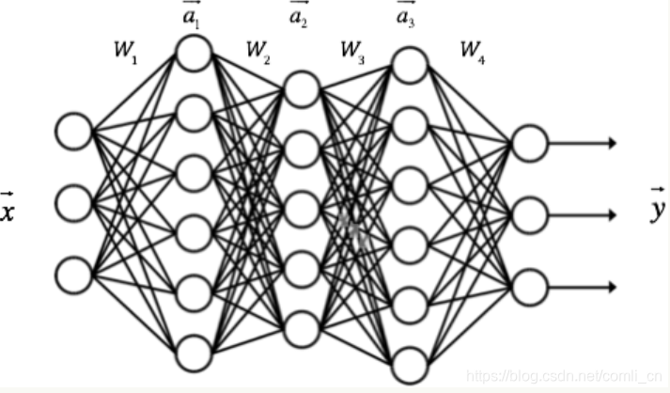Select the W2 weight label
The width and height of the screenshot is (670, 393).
click(x=257, y=52)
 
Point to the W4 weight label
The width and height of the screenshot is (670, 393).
click(x=473, y=52)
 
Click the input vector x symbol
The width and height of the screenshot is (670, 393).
click(x=8, y=209)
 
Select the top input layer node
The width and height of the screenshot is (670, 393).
click(x=73, y=131)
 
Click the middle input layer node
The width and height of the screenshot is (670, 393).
click(x=73, y=202)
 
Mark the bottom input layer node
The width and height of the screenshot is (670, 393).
click(x=73, y=274)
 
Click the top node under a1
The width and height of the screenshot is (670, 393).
click(x=194, y=53)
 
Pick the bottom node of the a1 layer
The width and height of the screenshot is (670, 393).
click(x=194, y=354)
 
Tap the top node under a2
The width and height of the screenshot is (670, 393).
click(x=302, y=89)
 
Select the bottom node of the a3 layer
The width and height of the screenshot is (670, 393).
click(x=409, y=365)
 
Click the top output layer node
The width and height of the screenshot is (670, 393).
click(x=528, y=143)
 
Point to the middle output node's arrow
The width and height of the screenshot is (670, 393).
click(x=583, y=214)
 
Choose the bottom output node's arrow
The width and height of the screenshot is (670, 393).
click(x=583, y=286)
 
